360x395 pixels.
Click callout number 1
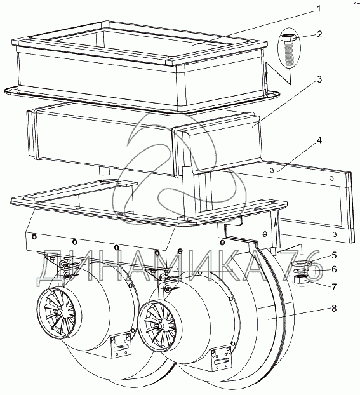[319, 9]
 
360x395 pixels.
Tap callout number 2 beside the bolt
[320, 34]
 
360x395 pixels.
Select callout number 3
[319, 79]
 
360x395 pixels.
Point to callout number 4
[319, 140]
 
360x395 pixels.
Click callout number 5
[334, 255]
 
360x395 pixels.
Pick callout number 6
[334, 269]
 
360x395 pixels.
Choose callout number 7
[334, 286]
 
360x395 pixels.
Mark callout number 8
[334, 309]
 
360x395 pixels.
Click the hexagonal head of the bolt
[288, 39]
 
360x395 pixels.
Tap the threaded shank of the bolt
[288, 54]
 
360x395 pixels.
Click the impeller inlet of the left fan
[60, 313]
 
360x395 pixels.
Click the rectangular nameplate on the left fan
[121, 346]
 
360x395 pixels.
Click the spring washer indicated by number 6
[300, 270]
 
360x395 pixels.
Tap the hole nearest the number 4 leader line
[272, 171]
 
